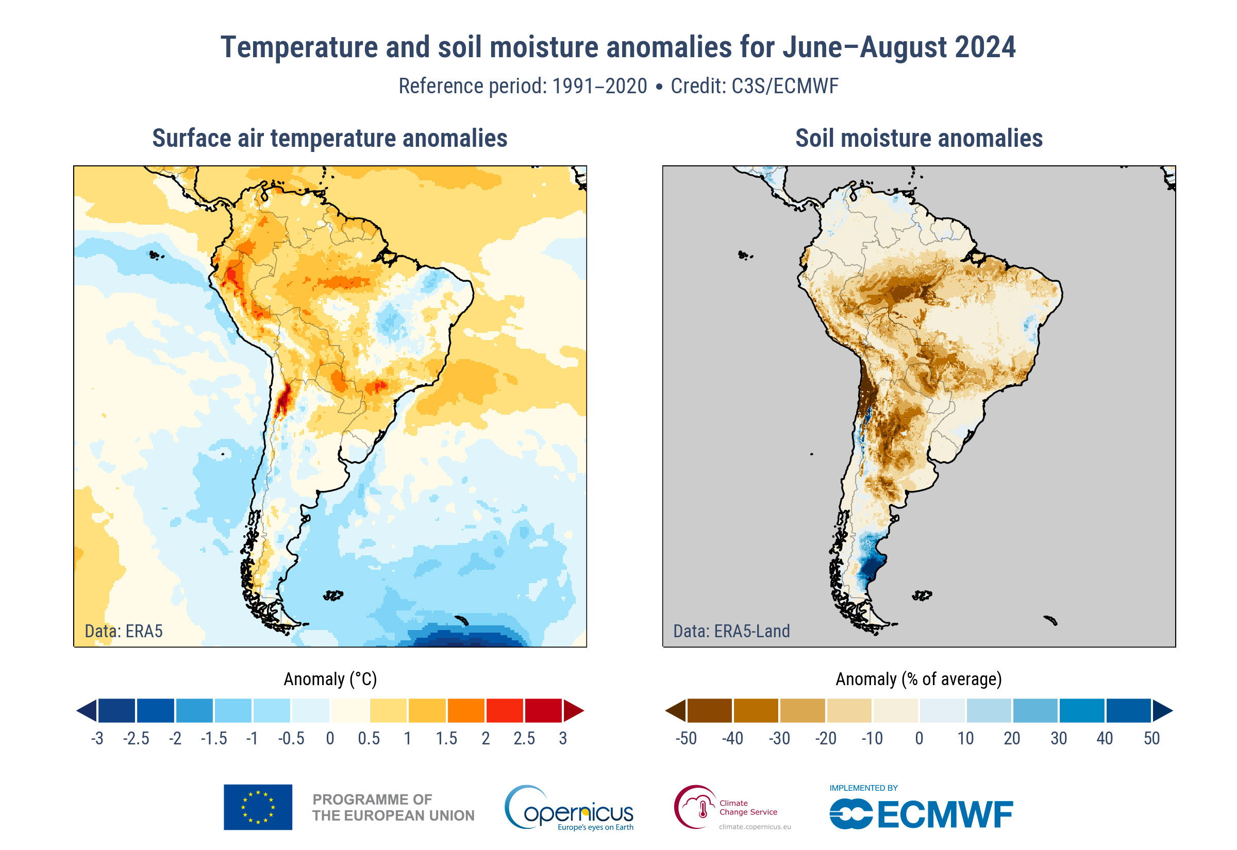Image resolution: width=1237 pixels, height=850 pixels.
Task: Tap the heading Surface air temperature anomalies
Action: (x=330, y=139)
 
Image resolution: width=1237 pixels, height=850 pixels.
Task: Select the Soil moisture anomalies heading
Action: (x=918, y=139)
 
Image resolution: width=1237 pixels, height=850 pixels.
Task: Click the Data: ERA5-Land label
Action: (x=731, y=631)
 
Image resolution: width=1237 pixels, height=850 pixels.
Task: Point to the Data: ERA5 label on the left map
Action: (x=124, y=631)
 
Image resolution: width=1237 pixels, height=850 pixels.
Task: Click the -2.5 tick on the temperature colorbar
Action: (x=136, y=739)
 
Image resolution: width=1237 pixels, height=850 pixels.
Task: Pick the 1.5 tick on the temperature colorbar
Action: (x=446, y=739)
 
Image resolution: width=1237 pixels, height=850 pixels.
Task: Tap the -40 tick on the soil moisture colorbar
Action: (x=732, y=739)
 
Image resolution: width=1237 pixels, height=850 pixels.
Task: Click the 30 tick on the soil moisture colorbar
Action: (x=1058, y=739)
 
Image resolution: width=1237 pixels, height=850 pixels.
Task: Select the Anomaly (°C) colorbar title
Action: (x=330, y=679)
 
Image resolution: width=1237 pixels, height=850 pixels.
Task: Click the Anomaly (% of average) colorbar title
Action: (x=918, y=679)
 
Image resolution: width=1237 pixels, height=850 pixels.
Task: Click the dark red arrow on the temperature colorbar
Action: (x=574, y=710)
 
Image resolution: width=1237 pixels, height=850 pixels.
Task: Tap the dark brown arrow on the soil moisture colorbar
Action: (x=676, y=710)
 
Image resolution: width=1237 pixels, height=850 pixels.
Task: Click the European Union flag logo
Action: (x=258, y=807)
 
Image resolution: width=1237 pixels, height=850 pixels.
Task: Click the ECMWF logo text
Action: (x=944, y=814)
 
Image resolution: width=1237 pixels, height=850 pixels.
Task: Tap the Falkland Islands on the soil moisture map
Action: (x=922, y=595)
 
